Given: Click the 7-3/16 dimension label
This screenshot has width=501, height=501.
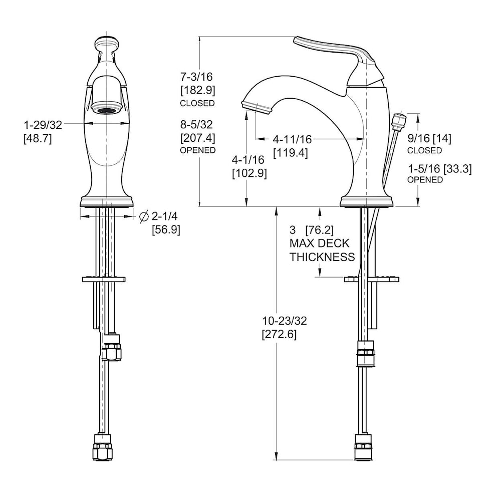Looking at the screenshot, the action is pyautogui.click(x=196, y=77).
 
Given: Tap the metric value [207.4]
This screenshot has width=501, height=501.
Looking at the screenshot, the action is pyautogui.click(x=198, y=138).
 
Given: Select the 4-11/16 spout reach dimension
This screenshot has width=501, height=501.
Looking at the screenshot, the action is pyautogui.click(x=292, y=139).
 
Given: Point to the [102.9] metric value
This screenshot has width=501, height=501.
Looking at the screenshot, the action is pyautogui.click(x=249, y=173).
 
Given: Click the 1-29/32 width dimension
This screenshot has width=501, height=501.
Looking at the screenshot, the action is pyautogui.click(x=43, y=125).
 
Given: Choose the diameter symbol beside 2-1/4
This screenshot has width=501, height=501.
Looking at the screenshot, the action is pyautogui.click(x=144, y=216).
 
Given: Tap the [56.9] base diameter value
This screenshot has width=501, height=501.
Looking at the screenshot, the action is pyautogui.click(x=166, y=229).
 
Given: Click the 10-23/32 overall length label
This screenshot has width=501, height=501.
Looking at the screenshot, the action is pyautogui.click(x=285, y=321).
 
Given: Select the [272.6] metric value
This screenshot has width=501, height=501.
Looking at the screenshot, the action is pyautogui.click(x=279, y=334).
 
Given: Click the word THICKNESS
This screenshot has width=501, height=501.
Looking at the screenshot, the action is pyautogui.click(x=322, y=257).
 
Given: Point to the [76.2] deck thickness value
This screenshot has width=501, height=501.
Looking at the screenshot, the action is pyautogui.click(x=319, y=230).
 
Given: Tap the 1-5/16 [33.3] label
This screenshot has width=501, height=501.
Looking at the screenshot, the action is pyautogui.click(x=439, y=168).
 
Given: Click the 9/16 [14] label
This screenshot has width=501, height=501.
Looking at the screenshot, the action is pyautogui.click(x=429, y=139).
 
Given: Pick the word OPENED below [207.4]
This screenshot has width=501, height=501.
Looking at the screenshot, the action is pyautogui.click(x=198, y=150).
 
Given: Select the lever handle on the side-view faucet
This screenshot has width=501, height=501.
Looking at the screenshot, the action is pyautogui.click(x=339, y=61).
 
